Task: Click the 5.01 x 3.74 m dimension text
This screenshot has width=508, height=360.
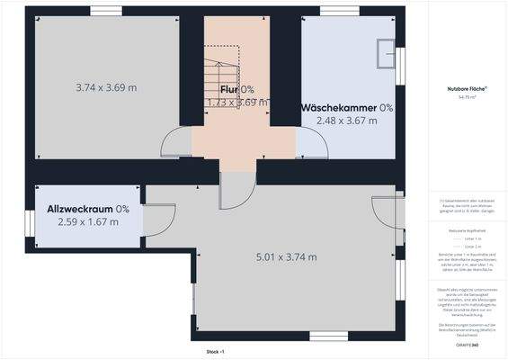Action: point(286,257)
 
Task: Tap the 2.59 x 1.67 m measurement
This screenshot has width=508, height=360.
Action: point(88,221)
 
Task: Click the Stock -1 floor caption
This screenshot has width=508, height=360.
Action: point(215,351)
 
